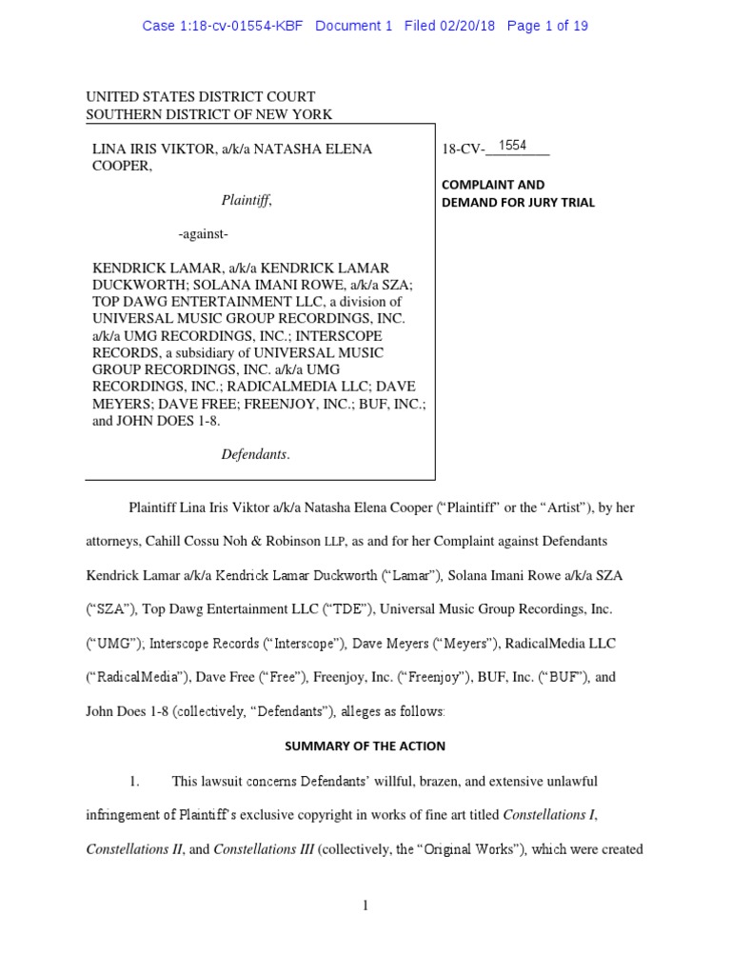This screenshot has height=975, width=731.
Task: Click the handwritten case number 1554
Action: coord(513,146)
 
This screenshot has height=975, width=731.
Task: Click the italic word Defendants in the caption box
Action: coord(255,454)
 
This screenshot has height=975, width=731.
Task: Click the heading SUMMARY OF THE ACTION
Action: coord(365,746)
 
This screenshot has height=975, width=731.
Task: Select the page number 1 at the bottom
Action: coord(365,905)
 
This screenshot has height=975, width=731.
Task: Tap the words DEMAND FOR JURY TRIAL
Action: coord(518,202)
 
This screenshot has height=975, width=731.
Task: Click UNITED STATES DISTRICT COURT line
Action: coord(201,97)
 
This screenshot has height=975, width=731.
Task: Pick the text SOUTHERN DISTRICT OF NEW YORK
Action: coord(209,114)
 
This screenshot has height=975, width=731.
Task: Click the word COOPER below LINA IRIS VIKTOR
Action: coord(121,166)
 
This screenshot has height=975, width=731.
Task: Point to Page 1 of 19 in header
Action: coord(547,26)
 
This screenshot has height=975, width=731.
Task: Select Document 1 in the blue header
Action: coord(353,26)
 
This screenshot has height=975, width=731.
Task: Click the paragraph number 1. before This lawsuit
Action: coord(134,781)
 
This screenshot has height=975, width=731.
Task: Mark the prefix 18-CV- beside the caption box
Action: coord(464,149)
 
